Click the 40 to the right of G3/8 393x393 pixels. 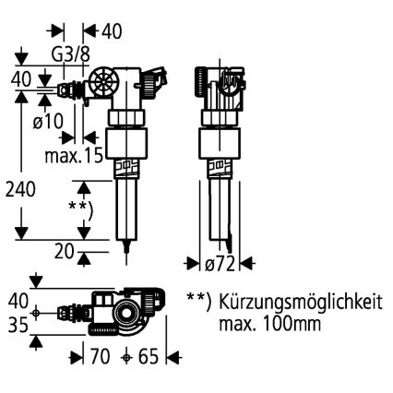[x=111, y=30]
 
